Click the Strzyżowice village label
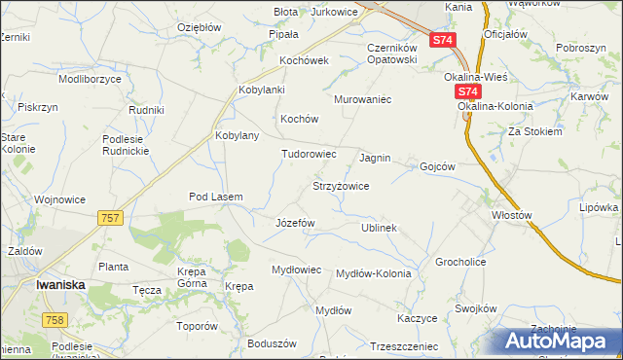coord(340,186)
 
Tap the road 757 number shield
coord(110,218)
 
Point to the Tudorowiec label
coord(309,154)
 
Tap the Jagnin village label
coord(375,157)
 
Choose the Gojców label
coord(437,166)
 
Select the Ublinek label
coord(379,228)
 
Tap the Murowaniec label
coord(362,99)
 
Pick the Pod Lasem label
coord(215,197)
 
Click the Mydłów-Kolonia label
coord(373,273)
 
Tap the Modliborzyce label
coord(90,77)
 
